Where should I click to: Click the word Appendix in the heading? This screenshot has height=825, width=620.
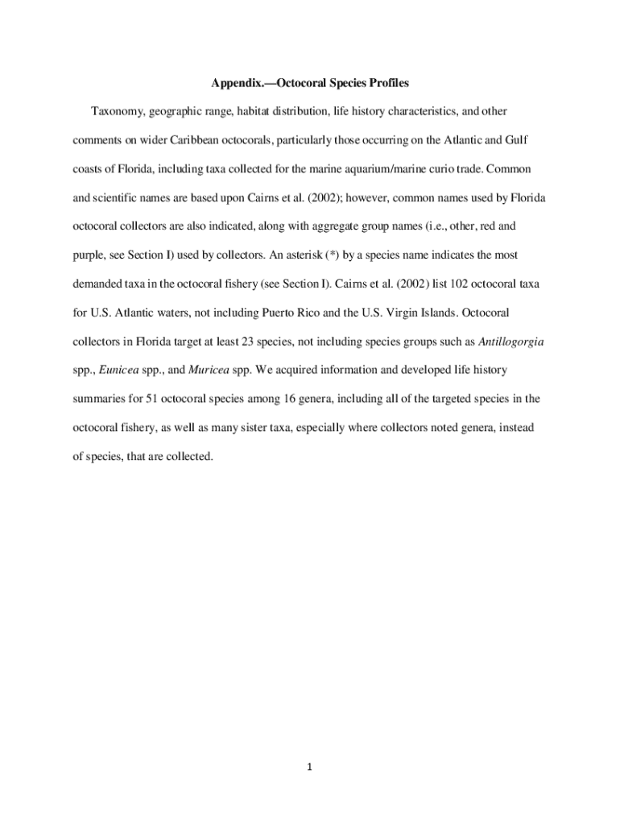pyautogui.click(x=236, y=83)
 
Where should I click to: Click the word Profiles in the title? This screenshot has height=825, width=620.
pyautogui.click(x=389, y=83)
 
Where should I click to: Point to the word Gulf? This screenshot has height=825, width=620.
pyautogui.click(x=516, y=140)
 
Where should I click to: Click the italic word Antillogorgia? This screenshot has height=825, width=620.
pyautogui.click(x=511, y=342)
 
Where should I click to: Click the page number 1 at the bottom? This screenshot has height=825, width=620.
pyautogui.click(x=309, y=767)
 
